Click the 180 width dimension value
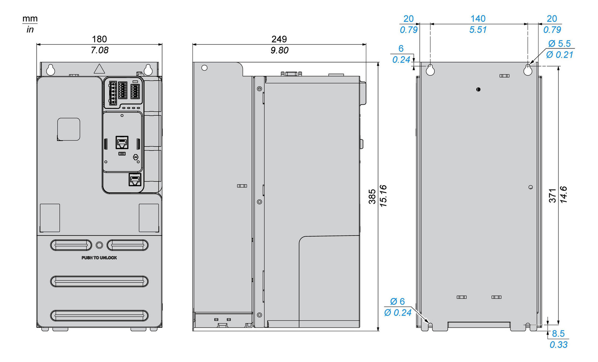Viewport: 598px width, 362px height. [99, 39]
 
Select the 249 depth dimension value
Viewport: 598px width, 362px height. [279, 39]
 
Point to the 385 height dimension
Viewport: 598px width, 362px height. [372, 196]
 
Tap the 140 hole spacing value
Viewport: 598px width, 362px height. [478, 18]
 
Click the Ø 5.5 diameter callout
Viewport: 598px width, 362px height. [559, 44]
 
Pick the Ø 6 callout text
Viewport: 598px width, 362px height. [397, 302]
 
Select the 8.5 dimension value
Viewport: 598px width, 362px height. [558, 334]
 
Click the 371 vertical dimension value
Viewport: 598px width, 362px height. [553, 196]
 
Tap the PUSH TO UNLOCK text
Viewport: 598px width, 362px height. [99, 258]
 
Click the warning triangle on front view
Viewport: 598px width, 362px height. [99, 69]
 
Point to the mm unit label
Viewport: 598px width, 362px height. [30, 18]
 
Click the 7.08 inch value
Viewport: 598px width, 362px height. [99, 50]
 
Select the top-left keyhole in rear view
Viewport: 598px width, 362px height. [430, 69]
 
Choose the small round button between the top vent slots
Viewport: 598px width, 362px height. [99, 245]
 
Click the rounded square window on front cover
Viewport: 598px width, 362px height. [69, 129]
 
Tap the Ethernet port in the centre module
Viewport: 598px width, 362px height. [122, 142]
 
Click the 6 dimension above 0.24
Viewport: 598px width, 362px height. [401, 48]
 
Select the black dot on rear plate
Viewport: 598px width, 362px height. [478, 89]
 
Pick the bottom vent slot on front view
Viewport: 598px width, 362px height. [99, 315]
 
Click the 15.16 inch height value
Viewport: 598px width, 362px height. [383, 196]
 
